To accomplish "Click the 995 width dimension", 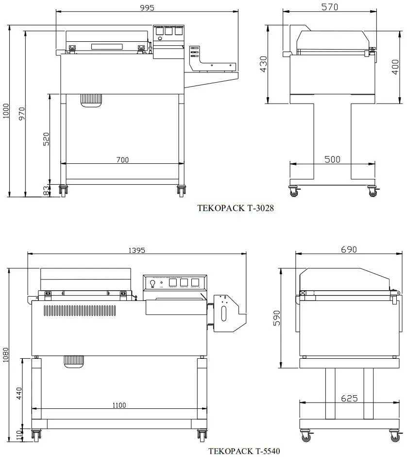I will pyautogui.click(x=147, y=8).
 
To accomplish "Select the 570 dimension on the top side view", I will pyautogui.click(x=330, y=7).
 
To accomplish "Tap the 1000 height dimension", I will pyautogui.click(x=5, y=112).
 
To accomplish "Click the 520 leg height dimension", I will pyautogui.click(x=46, y=139).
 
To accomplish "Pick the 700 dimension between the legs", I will pyautogui.click(x=122, y=159).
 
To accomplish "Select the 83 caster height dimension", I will pyautogui.click(x=46, y=191).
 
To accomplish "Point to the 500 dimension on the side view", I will pyautogui.click(x=332, y=159).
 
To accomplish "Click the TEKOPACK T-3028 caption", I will pyautogui.click(x=236, y=208).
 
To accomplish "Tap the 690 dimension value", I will pyautogui.click(x=349, y=249).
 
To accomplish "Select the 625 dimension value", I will pyautogui.click(x=349, y=398).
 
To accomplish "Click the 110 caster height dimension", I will pyautogui.click(x=19, y=434).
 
